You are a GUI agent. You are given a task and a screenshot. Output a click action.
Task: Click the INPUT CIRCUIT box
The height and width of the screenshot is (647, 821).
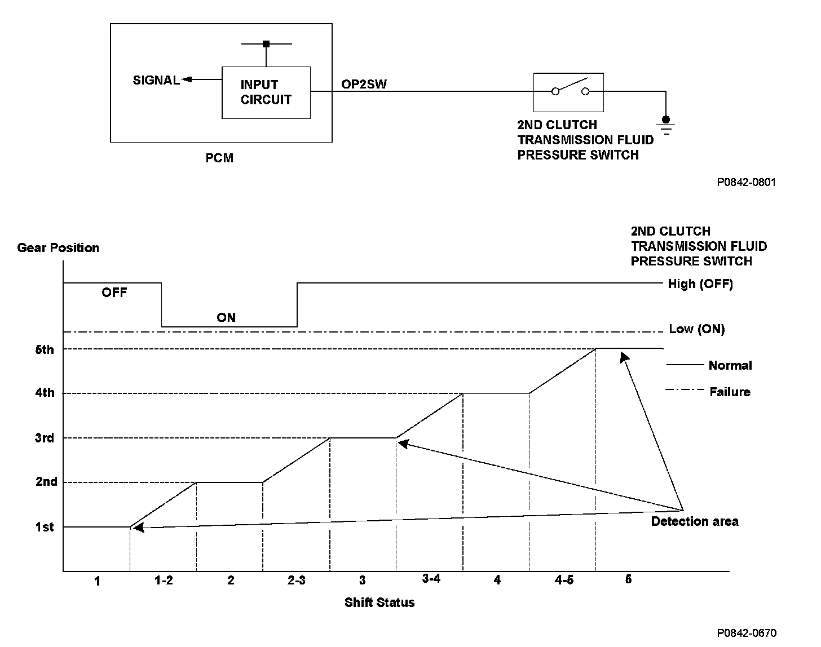tap(266, 92)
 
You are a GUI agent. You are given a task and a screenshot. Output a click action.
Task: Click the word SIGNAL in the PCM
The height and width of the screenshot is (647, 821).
tap(156, 80)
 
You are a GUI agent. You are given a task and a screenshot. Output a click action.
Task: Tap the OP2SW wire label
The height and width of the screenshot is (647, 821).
tap(364, 84)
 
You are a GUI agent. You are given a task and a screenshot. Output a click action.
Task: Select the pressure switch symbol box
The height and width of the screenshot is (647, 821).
tap(568, 92)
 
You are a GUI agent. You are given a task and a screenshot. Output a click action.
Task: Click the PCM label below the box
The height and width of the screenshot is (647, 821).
tap(219, 158)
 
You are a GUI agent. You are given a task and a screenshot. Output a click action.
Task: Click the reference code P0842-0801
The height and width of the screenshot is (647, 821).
tap(747, 182)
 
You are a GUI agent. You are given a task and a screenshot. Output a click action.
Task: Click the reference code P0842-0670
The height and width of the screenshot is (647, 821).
tap(747, 633)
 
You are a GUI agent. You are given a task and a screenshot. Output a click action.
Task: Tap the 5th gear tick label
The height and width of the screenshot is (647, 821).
tap(45, 349)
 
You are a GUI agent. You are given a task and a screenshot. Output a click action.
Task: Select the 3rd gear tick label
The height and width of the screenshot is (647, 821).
tap(45, 438)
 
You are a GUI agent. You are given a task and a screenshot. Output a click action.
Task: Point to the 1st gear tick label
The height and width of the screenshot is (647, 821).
tap(45, 527)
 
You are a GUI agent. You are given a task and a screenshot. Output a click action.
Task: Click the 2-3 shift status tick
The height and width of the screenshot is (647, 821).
tap(296, 580)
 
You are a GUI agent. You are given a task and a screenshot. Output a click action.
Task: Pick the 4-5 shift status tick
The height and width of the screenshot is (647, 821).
tap(563, 580)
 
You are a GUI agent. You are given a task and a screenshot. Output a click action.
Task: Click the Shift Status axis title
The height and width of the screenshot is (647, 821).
tap(379, 602)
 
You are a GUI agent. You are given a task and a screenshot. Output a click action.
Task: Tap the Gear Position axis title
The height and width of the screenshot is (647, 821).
tap(58, 247)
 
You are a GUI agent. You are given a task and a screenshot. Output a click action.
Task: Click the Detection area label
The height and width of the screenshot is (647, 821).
tap(695, 521)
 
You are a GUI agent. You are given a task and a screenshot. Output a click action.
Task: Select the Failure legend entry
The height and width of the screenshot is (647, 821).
tap(730, 392)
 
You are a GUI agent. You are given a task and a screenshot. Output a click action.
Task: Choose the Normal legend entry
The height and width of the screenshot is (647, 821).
tap(730, 365)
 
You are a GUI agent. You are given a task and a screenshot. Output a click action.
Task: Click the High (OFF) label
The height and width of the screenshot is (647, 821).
tap(700, 283)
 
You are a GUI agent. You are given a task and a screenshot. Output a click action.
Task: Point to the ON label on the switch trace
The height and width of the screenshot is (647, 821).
tap(226, 317)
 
